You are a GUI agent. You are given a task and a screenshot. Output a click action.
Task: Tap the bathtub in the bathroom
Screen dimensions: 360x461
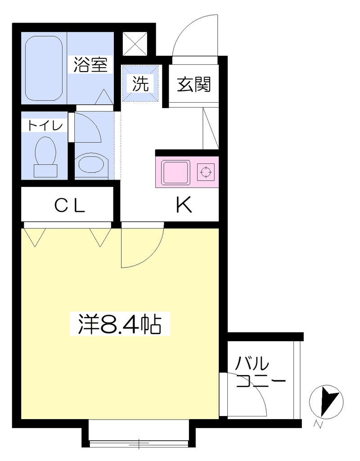[x=44, y=68]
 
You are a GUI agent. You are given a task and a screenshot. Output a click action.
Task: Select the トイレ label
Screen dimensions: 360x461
[x=45, y=126]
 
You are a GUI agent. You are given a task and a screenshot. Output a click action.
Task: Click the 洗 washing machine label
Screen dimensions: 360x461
[x=140, y=83]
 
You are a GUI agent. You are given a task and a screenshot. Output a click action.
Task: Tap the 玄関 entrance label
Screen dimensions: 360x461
[x=194, y=84]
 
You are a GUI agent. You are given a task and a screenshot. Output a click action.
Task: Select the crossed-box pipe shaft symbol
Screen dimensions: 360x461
[x=135, y=44]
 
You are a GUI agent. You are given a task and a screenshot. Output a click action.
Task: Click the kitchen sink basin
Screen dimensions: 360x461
[x=176, y=172]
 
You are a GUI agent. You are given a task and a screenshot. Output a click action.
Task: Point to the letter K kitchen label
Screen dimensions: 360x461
[x=184, y=204]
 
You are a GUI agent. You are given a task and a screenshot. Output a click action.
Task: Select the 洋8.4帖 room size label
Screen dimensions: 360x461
[x=120, y=324]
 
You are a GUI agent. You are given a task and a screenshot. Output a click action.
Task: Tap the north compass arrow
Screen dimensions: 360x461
[x=328, y=401]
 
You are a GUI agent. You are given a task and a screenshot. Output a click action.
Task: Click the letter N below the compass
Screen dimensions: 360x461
[x=317, y=425]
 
